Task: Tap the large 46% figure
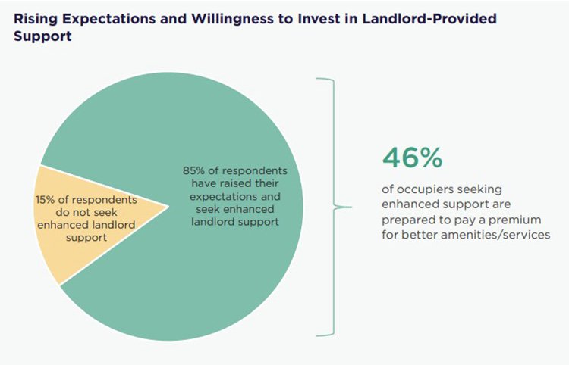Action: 411,158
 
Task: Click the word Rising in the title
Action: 32,18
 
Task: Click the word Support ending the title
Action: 42,36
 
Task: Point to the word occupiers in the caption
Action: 426,189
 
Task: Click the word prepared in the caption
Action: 407,220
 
